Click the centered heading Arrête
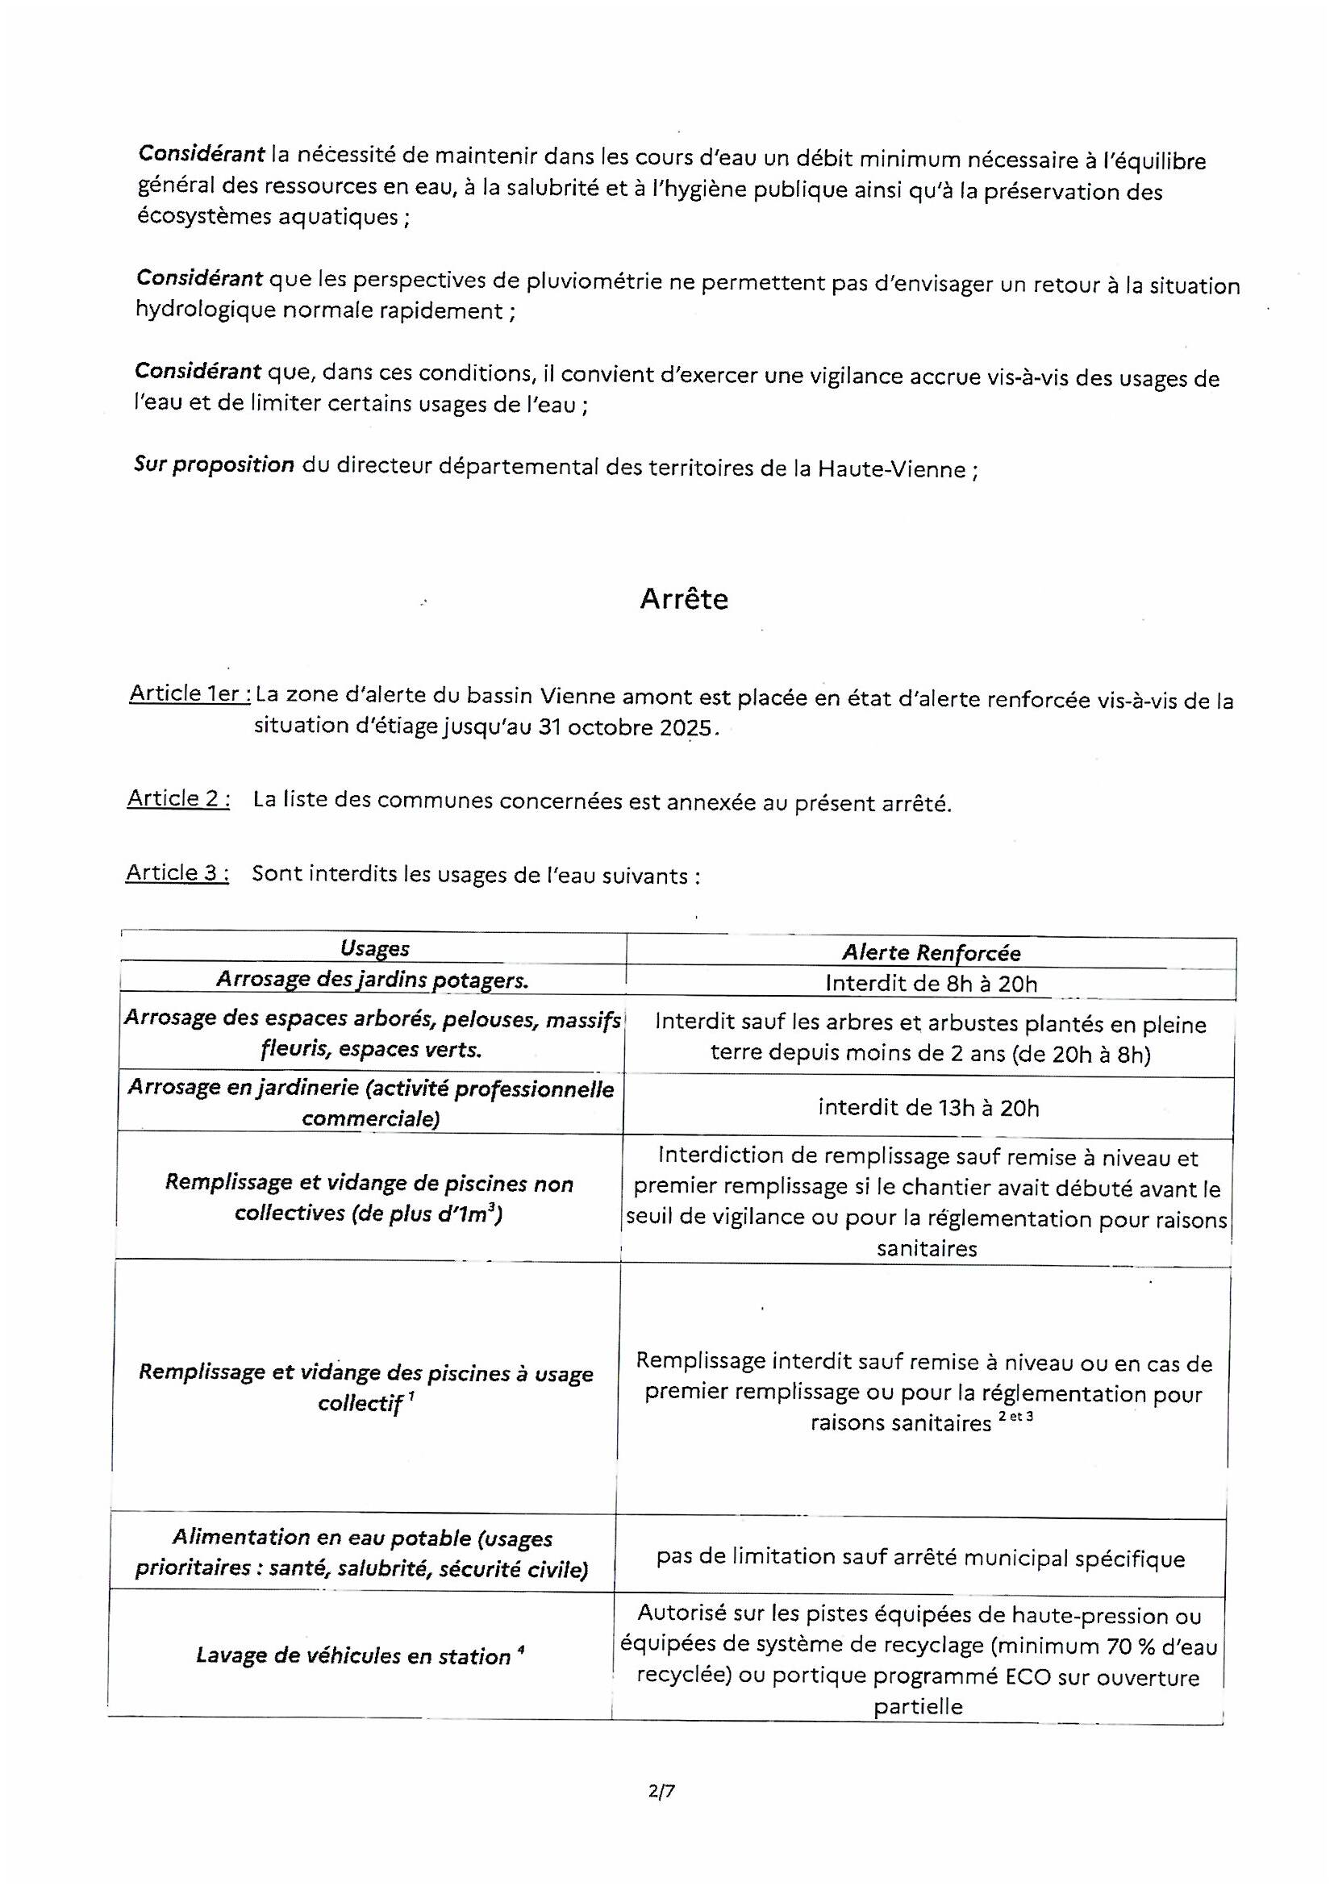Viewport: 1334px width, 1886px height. [x=683, y=599]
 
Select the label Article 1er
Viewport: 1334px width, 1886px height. [x=190, y=693]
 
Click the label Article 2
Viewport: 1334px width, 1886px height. [x=178, y=797]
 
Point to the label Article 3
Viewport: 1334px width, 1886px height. [x=177, y=872]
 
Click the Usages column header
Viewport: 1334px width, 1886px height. [x=374, y=948]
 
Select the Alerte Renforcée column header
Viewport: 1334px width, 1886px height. [x=931, y=953]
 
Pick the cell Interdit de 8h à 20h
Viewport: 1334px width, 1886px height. [x=931, y=983]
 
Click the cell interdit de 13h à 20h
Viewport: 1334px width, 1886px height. [x=928, y=1108]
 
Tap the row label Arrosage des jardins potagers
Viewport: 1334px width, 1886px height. [x=373, y=979]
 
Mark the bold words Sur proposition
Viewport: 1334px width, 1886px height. [x=215, y=464]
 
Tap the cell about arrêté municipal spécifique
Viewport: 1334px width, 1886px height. [x=920, y=1559]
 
